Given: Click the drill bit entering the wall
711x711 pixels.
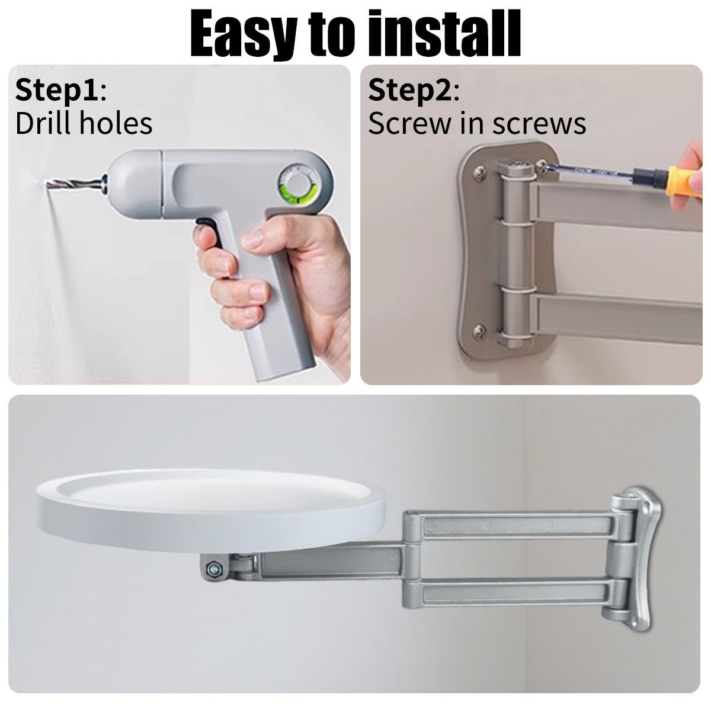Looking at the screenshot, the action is point(74,183).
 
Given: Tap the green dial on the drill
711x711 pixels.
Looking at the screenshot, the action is point(297,183).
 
